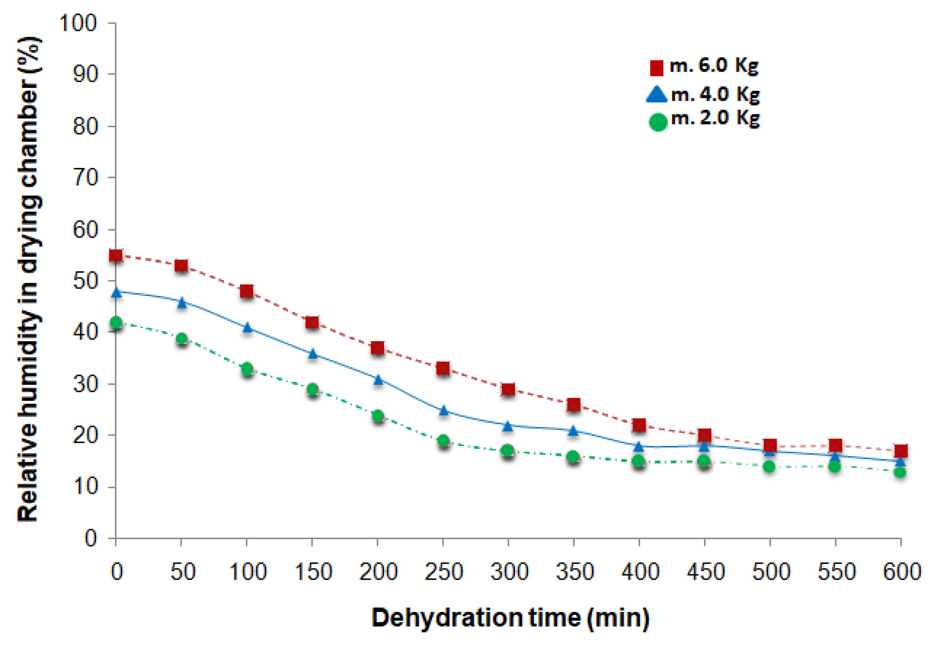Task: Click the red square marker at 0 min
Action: [116, 256]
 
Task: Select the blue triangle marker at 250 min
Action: [444, 410]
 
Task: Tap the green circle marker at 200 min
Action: [378, 416]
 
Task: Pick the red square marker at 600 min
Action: [901, 451]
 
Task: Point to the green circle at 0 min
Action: [116, 322]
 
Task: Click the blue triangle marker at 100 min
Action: [247, 327]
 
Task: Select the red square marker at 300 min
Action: [508, 389]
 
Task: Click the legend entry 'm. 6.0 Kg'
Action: [704, 66]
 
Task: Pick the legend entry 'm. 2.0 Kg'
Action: [705, 119]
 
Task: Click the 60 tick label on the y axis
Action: [85, 229]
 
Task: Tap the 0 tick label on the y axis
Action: [91, 539]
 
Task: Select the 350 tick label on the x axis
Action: [574, 572]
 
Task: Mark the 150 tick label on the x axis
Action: [313, 572]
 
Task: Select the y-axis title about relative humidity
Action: [29, 279]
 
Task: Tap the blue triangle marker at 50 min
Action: [182, 302]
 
